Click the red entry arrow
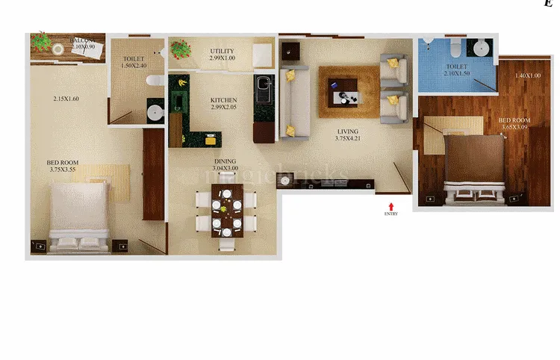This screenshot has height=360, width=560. (x=391, y=205)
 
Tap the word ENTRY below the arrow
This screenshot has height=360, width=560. (x=391, y=214)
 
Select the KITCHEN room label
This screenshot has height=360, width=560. (x=223, y=99)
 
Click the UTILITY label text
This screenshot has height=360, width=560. (x=223, y=51)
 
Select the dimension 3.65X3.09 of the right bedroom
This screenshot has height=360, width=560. (x=514, y=127)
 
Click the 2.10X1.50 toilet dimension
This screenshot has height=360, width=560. (x=456, y=73)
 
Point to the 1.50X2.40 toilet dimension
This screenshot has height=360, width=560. (x=135, y=66)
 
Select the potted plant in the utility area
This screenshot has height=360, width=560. (x=180, y=51)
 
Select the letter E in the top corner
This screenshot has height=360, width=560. (x=549, y=4)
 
